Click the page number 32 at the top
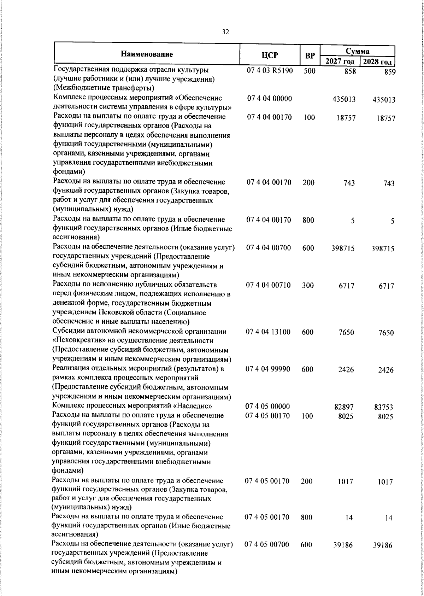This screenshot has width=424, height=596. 225,32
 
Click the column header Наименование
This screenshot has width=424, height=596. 147,54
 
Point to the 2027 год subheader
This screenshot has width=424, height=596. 340,62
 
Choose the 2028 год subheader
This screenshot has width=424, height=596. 377,62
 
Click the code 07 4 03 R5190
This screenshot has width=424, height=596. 270,71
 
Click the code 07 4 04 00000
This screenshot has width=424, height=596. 269,99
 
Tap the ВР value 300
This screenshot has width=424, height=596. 308,285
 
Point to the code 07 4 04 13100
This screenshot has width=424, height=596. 269,332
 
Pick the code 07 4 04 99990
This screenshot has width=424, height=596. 268,369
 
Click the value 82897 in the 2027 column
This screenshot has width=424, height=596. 344,407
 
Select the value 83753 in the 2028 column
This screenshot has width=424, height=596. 383,408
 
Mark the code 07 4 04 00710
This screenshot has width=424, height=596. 269,285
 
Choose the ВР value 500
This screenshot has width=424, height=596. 309,71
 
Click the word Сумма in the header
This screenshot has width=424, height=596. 357,51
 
